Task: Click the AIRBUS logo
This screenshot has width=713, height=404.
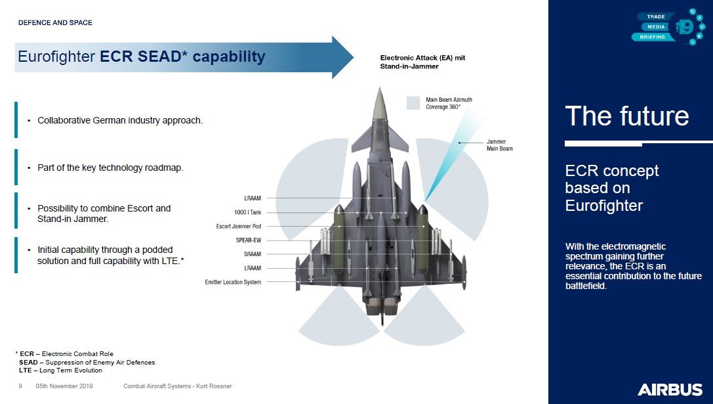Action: click(x=669, y=390)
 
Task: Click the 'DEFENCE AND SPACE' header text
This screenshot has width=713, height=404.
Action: click(x=55, y=23)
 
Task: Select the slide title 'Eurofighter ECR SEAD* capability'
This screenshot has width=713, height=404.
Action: click(x=141, y=57)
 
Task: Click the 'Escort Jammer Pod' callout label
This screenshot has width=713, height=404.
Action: click(x=238, y=227)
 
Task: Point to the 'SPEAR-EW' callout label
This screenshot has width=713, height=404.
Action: click(x=248, y=240)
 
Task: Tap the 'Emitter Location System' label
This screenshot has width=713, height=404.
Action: click(x=233, y=282)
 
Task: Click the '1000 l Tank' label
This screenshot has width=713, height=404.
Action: click(x=247, y=212)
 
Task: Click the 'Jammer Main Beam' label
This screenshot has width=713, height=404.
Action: click(x=499, y=145)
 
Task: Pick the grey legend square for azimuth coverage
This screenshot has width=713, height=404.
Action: click(x=413, y=102)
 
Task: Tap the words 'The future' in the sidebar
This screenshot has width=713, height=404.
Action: click(x=626, y=116)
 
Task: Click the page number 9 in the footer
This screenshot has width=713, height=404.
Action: click(x=21, y=386)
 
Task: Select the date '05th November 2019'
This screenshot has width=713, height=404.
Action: click(x=64, y=386)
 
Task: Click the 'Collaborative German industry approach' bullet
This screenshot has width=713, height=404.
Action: click(x=120, y=121)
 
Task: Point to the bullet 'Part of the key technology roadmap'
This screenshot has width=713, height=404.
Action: click(x=110, y=168)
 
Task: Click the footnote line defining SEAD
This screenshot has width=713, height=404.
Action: click(x=87, y=362)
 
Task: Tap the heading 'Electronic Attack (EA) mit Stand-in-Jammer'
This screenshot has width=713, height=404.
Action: click(x=422, y=62)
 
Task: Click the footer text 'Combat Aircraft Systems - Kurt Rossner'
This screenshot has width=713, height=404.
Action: click(x=177, y=386)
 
